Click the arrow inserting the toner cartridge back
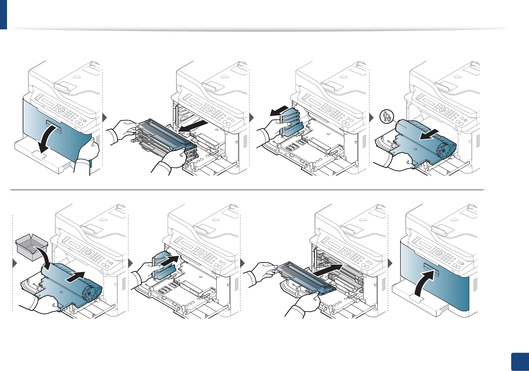329,269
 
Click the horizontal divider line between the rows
247,190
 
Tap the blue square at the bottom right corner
520,362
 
